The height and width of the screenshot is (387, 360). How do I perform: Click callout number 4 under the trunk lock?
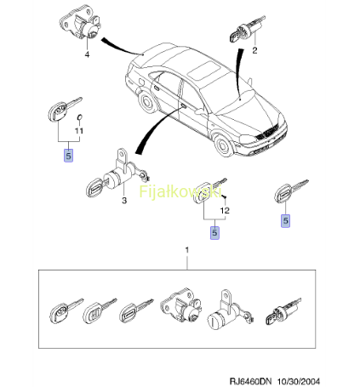click(x=87, y=54)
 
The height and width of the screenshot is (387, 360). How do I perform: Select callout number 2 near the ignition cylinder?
click(x=254, y=50)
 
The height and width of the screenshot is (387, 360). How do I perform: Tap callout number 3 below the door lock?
click(x=124, y=201)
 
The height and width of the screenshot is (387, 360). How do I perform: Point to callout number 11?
click(x=79, y=131)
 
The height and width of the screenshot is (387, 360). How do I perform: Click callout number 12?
click(x=225, y=210)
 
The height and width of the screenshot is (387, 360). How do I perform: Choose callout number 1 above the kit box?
click(x=186, y=250)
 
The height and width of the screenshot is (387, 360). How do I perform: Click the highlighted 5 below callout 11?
click(x=68, y=156)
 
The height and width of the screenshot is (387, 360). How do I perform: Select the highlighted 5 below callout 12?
click(x=214, y=232)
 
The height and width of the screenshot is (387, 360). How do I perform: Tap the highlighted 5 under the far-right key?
click(x=286, y=220)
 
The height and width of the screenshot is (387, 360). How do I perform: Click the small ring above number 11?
click(x=80, y=117)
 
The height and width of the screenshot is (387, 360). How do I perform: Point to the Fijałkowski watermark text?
click(x=180, y=191)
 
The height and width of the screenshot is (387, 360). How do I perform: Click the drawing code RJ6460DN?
click(x=250, y=381)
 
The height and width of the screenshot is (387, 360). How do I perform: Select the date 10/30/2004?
click(x=299, y=381)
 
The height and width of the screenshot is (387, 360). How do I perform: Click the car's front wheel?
click(x=225, y=145)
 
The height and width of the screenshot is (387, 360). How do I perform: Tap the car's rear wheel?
click(x=147, y=102)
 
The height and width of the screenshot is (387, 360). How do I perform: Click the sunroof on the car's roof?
click(x=203, y=70)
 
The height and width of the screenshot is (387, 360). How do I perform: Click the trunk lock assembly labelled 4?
click(x=80, y=24)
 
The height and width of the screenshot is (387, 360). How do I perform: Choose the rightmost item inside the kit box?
click(x=283, y=312)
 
